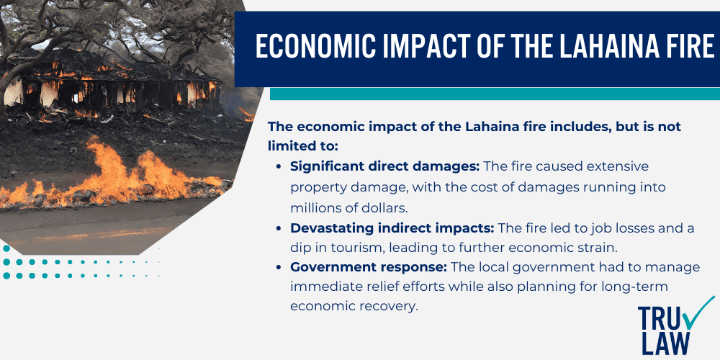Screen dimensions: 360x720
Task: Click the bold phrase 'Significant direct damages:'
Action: click(x=384, y=166)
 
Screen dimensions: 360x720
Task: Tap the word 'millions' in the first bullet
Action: click(x=319, y=207)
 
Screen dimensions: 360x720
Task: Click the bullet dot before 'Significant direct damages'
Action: click(x=279, y=166)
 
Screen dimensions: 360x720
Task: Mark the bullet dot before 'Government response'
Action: click(x=279, y=267)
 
